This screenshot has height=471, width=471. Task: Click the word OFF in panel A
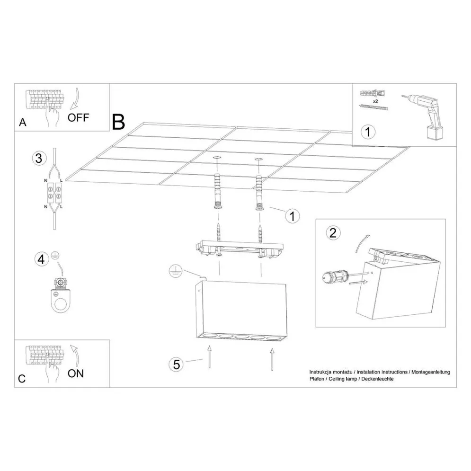pos(78,117)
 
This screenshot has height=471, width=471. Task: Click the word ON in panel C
pos(75,373)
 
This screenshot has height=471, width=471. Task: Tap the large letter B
pos(119,122)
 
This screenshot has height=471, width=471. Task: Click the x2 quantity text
pos(375,101)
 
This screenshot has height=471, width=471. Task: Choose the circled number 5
pos(176,364)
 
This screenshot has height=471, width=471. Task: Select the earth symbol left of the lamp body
pos(175,271)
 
